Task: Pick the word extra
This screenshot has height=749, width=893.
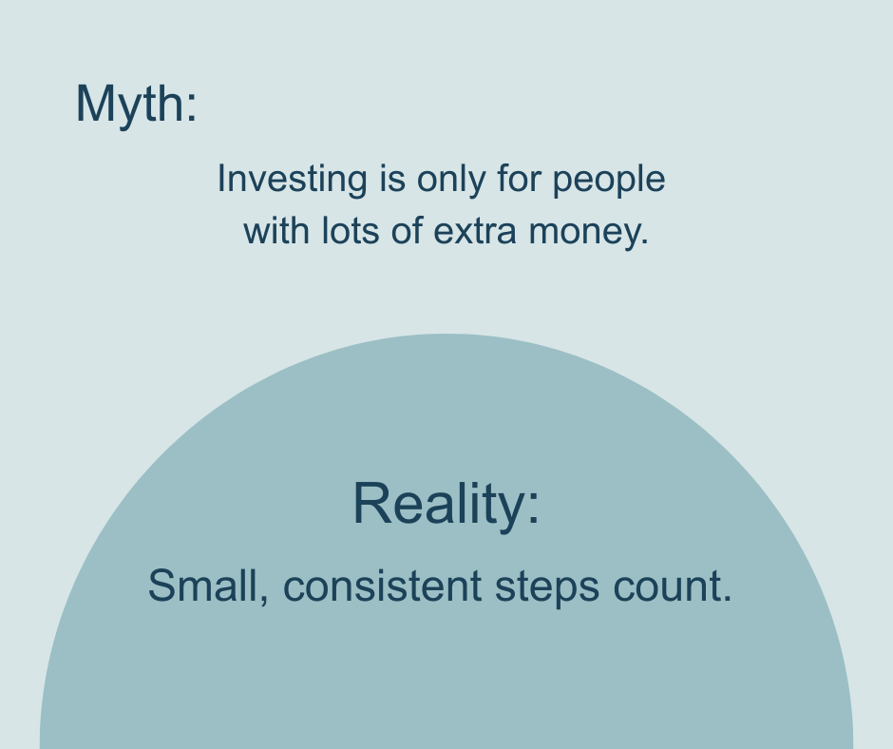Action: tap(475, 232)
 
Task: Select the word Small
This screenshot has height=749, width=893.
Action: tap(202, 586)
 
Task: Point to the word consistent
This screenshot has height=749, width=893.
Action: tap(382, 586)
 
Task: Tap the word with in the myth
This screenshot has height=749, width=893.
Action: tap(276, 231)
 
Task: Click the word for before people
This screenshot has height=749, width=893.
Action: tap(519, 179)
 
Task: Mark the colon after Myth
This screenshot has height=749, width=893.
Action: tap(191, 106)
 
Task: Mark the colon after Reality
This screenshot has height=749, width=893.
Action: tap(533, 507)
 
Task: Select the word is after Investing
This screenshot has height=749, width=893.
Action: tap(391, 179)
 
